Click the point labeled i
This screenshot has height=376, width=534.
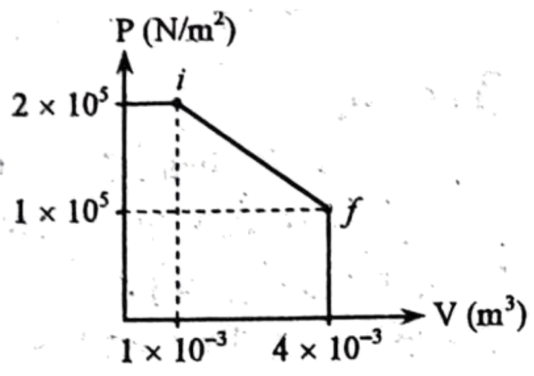[x=177, y=103]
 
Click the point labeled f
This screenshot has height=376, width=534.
[x=328, y=209]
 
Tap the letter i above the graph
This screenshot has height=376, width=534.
[x=181, y=80]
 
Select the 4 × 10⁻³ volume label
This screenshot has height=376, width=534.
[x=327, y=345]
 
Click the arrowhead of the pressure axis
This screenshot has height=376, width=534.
[x=125, y=61]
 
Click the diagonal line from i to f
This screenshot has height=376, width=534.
[x=253, y=155]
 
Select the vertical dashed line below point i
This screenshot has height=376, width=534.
[x=177, y=211]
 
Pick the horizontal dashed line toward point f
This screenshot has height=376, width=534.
[x=225, y=211]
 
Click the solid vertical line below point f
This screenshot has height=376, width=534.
[x=328, y=264]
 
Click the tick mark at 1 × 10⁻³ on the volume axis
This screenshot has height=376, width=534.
[x=177, y=320]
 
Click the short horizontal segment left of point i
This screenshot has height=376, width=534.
[x=150, y=104]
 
